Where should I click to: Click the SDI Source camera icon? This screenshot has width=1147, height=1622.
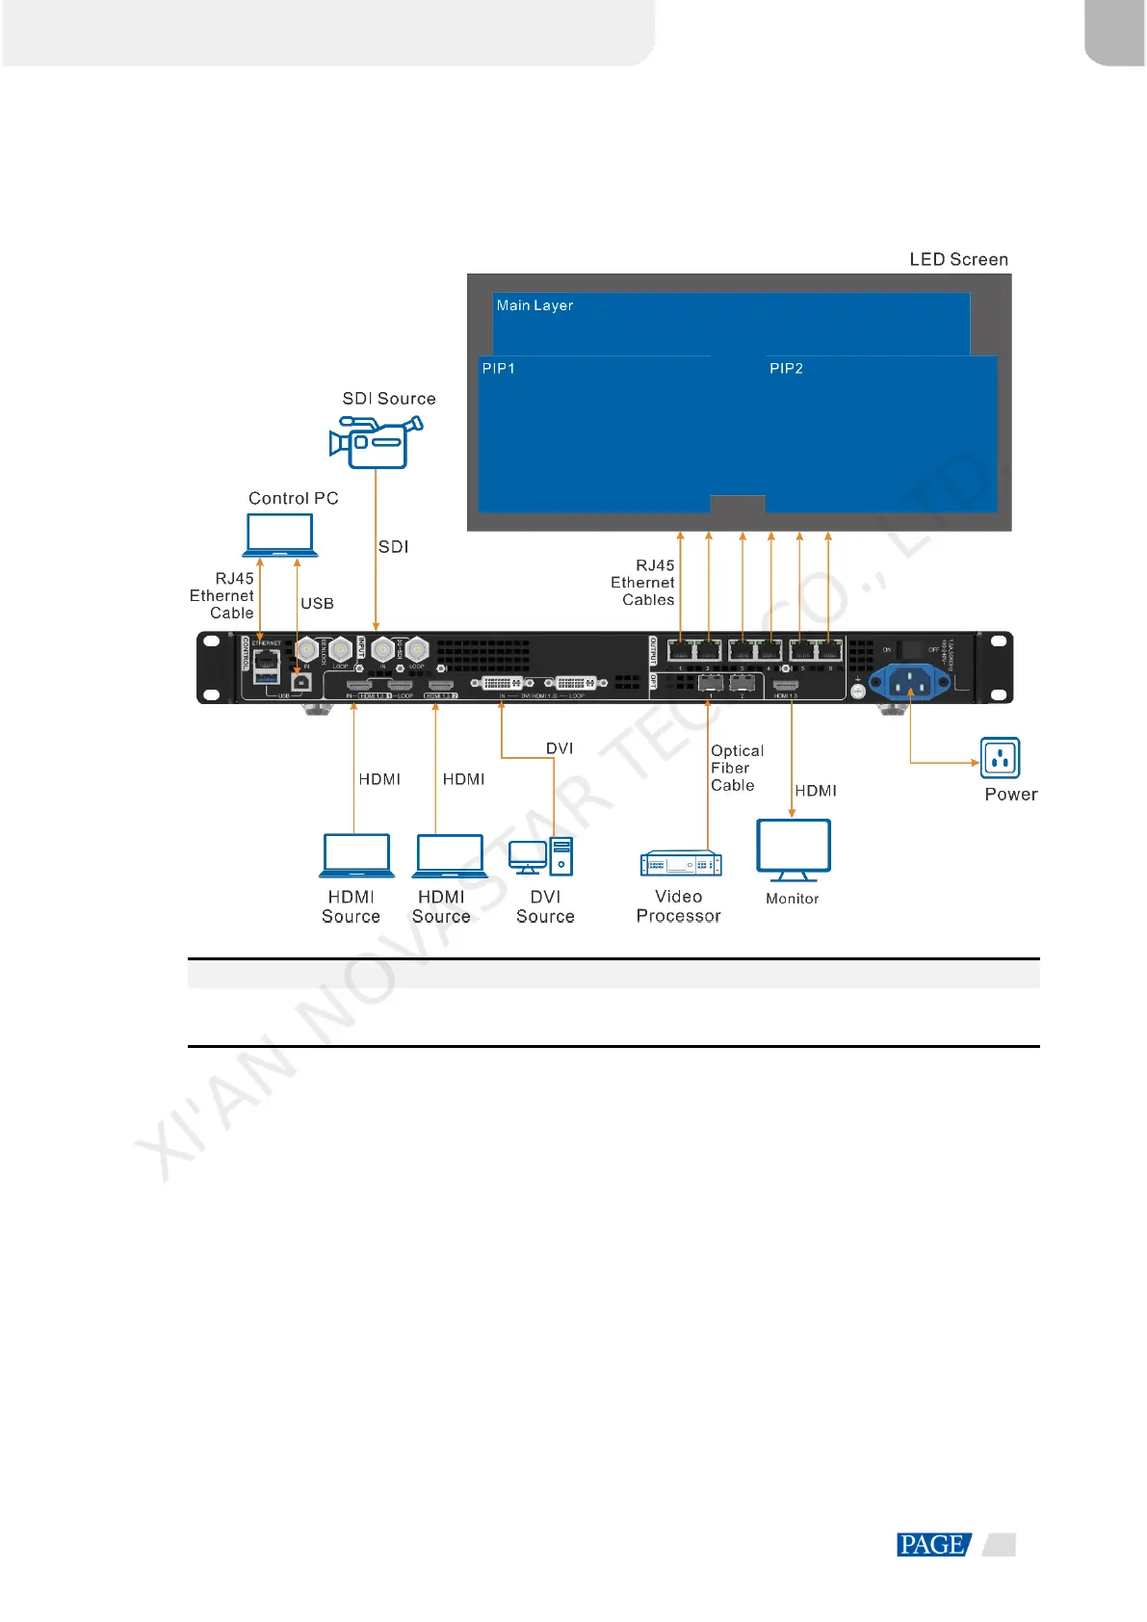(375, 442)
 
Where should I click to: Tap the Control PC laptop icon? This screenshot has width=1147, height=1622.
(280, 535)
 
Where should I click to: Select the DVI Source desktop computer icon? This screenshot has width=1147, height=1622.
(541, 856)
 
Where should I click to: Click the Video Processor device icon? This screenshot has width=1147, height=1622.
(681, 864)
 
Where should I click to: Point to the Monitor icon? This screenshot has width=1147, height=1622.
(793, 850)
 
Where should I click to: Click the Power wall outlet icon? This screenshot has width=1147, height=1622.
(1000, 758)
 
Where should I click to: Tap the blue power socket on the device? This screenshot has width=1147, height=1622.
(909, 683)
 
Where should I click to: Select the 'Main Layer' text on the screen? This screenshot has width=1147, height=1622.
(534, 305)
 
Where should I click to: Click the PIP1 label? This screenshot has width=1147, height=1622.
(499, 368)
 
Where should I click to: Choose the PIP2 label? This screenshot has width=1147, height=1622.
(786, 368)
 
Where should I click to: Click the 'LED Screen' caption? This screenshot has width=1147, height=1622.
(958, 259)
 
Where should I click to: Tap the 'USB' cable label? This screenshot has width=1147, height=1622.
(317, 604)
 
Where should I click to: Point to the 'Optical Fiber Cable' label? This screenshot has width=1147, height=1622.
(737, 768)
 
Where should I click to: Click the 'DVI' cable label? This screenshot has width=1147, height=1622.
(560, 748)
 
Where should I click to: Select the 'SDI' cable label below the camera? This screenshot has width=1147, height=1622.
(393, 547)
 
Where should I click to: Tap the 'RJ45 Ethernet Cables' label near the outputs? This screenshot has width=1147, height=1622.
(644, 583)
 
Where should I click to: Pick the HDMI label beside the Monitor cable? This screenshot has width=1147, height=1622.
(816, 791)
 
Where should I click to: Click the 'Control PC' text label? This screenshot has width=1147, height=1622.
(294, 498)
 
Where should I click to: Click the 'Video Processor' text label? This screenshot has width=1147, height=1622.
(678, 906)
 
